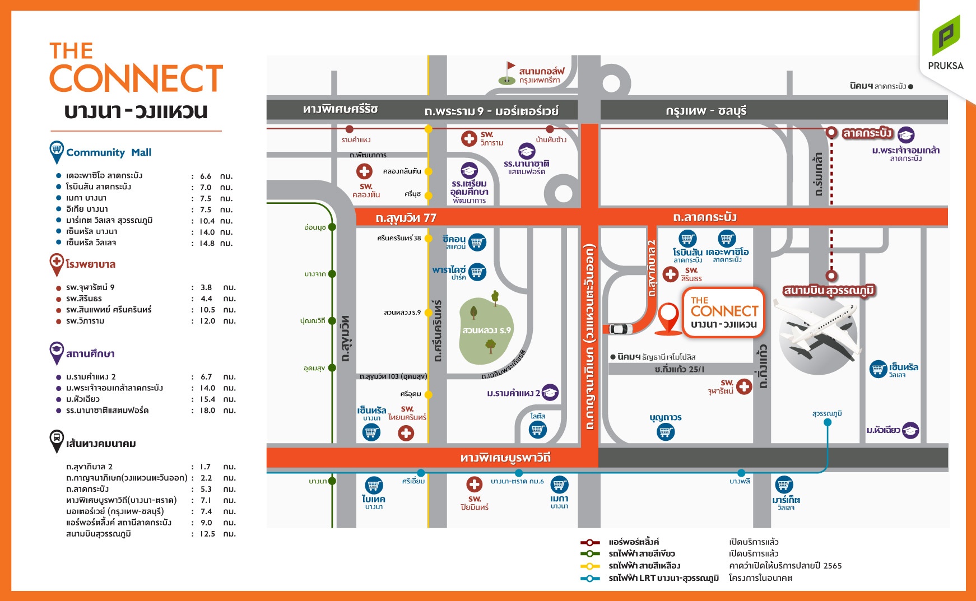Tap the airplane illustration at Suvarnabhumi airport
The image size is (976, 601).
818,330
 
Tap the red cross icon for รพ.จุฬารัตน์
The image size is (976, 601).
744,386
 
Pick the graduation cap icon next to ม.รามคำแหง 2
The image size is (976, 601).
550,393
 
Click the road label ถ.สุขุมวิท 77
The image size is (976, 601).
406,217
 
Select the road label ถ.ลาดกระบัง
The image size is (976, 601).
705,217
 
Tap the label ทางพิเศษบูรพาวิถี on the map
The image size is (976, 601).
505,458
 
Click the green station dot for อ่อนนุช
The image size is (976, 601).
332,227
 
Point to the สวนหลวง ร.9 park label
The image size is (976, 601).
486,330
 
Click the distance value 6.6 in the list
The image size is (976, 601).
206,176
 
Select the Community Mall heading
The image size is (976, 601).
109,152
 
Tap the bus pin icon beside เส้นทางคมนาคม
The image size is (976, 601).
57,440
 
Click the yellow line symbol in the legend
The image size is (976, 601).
589,566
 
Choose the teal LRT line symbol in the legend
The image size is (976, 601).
589,578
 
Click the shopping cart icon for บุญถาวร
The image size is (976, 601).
666,432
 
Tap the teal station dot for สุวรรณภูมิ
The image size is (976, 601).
828,422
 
